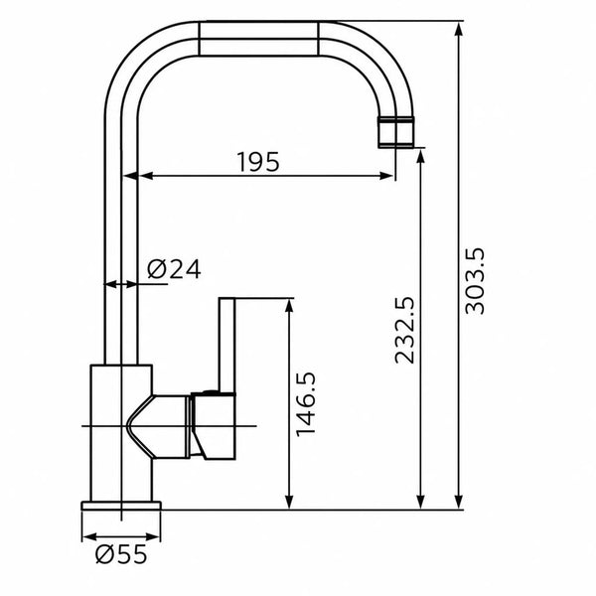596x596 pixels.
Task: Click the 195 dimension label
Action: (258, 162)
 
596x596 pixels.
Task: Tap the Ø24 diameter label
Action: (174, 269)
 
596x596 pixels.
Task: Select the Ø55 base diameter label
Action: (121, 554)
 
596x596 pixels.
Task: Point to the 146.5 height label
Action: (306, 404)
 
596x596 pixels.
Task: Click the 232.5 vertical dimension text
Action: (404, 331)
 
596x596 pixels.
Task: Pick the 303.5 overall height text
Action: (475, 281)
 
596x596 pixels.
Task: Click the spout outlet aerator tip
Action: (395, 132)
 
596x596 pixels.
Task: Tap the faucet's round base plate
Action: (121, 506)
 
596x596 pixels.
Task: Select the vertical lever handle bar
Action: (227, 346)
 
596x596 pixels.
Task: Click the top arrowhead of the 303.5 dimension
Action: (459, 29)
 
